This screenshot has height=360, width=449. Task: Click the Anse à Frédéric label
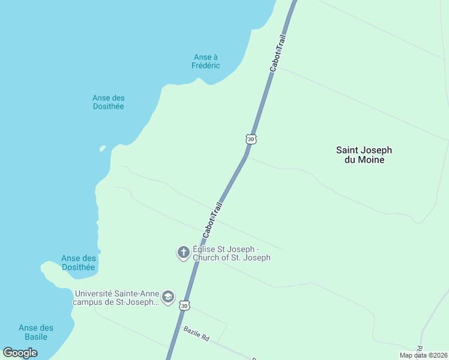[206, 61]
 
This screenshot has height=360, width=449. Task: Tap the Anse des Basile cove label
[36, 332]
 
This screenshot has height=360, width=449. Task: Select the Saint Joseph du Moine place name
[364, 155]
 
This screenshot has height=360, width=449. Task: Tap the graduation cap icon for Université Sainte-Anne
[168, 297]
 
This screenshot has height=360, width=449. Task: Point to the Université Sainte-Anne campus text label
[116, 298]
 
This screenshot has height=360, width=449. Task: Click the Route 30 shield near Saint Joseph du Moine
[251, 139]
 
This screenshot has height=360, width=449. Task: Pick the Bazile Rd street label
[196, 334]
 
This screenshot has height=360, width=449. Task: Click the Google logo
[20, 352]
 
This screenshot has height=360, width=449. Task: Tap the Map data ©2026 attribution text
[423, 355]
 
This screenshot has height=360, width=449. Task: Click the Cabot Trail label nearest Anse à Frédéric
[278, 53]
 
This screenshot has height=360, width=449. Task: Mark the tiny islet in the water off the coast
[103, 148]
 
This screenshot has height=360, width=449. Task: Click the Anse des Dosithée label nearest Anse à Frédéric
[108, 102]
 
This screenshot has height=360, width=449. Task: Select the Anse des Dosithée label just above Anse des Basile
[79, 263]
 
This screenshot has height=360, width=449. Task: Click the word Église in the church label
[203, 249]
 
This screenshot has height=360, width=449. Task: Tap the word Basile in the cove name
[36, 337]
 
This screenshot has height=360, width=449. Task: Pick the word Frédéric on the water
[206, 65]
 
